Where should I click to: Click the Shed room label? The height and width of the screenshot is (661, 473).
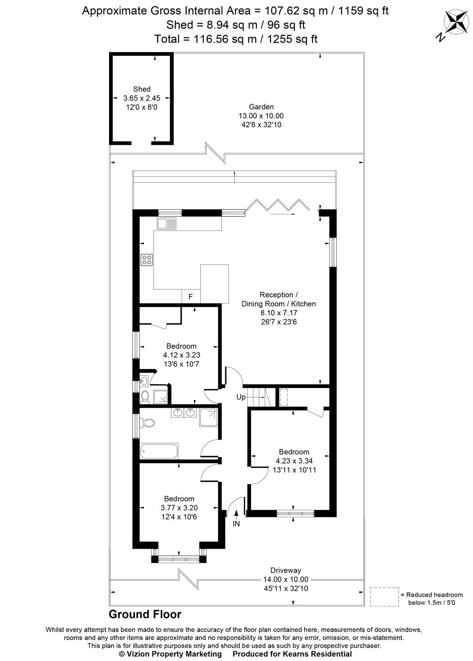(x=142, y=89)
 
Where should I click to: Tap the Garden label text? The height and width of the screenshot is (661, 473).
(x=261, y=107)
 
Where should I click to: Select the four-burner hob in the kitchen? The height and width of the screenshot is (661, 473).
(x=147, y=260)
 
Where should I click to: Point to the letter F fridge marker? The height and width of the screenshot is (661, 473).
(x=190, y=297)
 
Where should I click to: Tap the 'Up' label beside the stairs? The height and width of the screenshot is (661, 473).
(x=241, y=397)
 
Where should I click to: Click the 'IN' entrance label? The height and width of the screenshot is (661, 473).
(x=236, y=524)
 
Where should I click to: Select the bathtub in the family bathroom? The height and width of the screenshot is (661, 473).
(x=159, y=451)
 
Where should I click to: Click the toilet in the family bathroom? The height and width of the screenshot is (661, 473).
(x=147, y=423)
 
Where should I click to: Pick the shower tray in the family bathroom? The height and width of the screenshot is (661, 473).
(x=208, y=418)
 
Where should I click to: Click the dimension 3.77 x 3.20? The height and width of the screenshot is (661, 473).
(x=179, y=508)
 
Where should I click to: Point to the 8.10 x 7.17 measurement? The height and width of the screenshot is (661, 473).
(x=279, y=313)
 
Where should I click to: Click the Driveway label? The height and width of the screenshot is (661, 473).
(x=286, y=570)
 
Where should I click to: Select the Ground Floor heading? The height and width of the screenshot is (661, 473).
(x=145, y=614)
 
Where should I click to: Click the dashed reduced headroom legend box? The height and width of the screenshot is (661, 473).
(x=384, y=597)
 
